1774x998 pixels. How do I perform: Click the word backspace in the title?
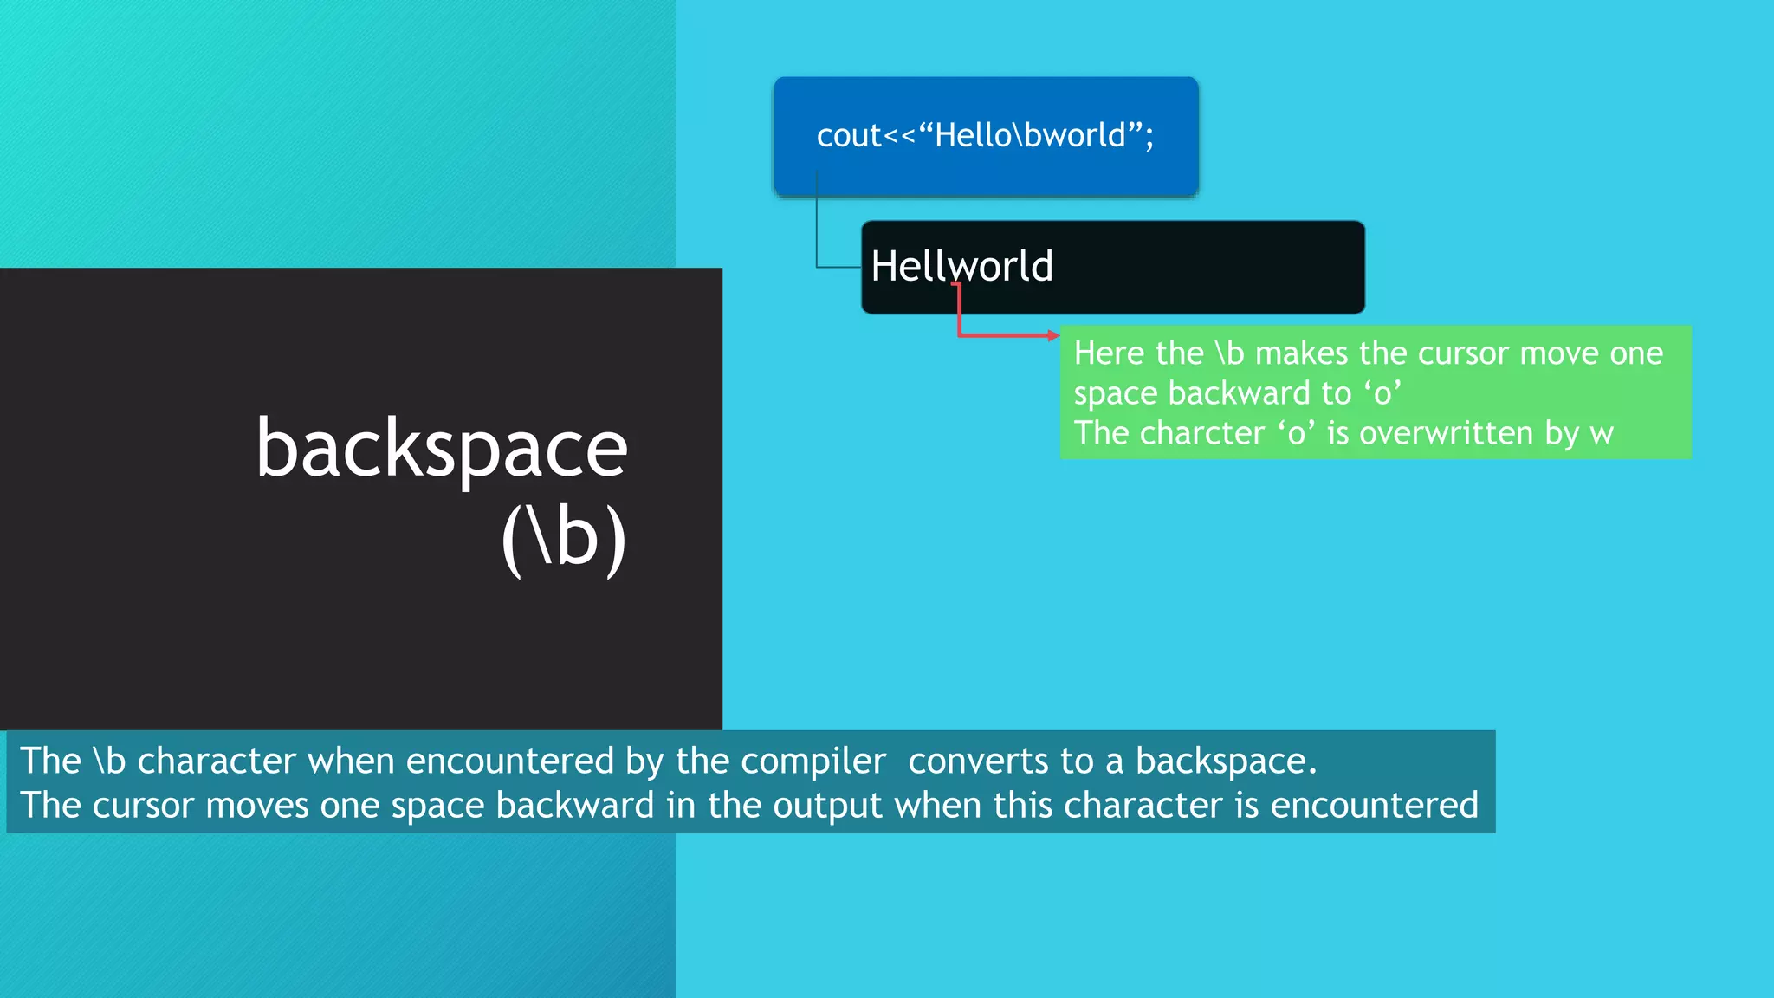pos(442,450)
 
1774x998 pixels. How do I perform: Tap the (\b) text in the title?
pos(564,538)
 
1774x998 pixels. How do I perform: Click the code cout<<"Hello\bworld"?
pos(985,136)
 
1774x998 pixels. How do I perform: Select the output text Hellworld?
pos(961,266)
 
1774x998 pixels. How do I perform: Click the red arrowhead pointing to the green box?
pos(1053,335)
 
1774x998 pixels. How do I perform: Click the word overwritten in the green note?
pos(1446,433)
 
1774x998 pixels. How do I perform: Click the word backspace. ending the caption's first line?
pos(1226,761)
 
